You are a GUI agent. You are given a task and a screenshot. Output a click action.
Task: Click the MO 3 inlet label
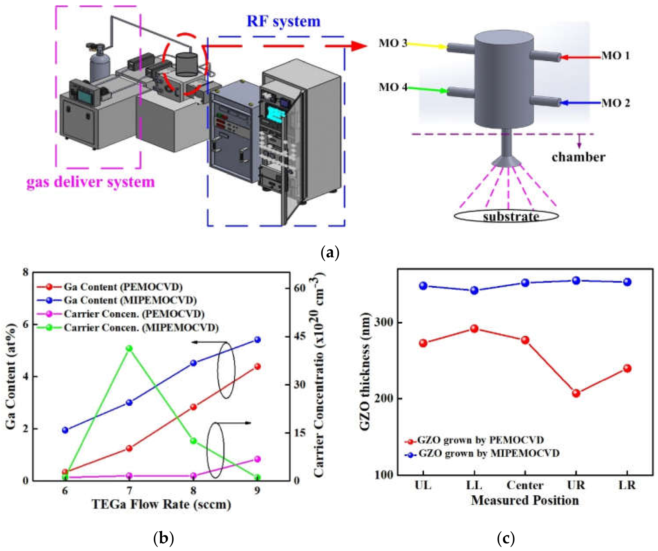tap(393, 43)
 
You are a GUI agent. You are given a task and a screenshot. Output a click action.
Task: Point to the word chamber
tap(578, 157)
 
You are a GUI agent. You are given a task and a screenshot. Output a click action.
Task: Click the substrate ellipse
tap(506, 216)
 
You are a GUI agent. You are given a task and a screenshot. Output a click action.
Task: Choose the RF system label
tap(283, 21)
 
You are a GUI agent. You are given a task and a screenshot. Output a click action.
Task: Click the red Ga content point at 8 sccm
tap(193, 407)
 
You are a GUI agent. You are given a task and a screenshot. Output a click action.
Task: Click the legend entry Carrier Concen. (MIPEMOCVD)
tap(141, 328)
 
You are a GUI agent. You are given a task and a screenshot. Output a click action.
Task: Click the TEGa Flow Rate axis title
tap(161, 504)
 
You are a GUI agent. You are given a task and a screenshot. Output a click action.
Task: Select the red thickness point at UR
tap(576, 393)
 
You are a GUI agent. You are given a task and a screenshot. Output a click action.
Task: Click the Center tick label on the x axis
tap(525, 485)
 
